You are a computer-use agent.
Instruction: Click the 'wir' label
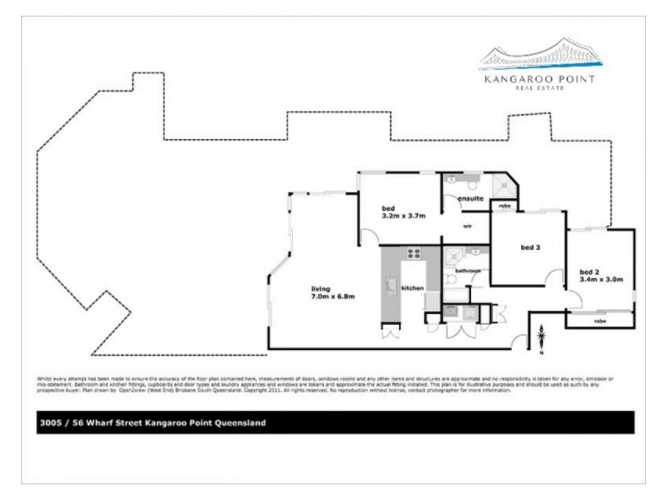click(469, 226)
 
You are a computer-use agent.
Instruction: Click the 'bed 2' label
click(590, 271)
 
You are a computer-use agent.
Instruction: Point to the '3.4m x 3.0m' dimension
click(601, 279)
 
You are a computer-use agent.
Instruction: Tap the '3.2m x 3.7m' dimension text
click(404, 215)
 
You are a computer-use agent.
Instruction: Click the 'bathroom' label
click(467, 271)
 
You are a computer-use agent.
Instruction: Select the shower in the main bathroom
click(453, 256)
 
